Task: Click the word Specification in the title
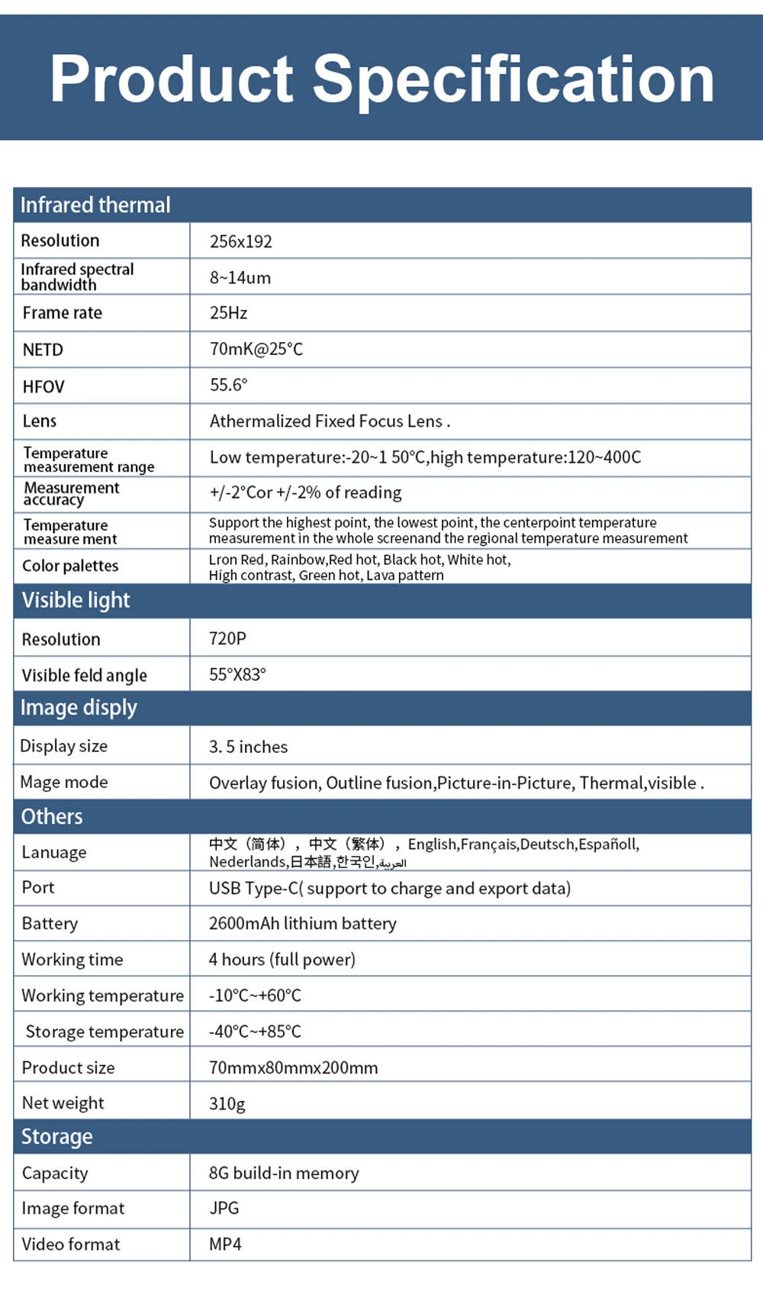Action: coord(513,79)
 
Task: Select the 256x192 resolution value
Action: coord(241,241)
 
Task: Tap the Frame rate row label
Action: coord(62,313)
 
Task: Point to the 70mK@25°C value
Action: coord(256,349)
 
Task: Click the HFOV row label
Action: coord(43,386)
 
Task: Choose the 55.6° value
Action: coord(229,385)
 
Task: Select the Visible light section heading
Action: coord(76,600)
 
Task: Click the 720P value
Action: coord(227,638)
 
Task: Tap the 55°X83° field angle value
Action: coord(237,674)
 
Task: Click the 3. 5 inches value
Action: coord(248,747)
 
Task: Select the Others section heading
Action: coord(51,816)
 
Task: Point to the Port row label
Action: coord(38,887)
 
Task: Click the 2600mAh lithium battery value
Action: coord(302,923)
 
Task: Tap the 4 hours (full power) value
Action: coord(282,959)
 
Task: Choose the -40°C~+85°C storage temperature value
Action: coord(255,1032)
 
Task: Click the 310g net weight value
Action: coord(227,1103)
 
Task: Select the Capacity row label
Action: coord(55,1173)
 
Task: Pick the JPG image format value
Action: coord(224,1208)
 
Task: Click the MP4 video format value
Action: coord(225,1244)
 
